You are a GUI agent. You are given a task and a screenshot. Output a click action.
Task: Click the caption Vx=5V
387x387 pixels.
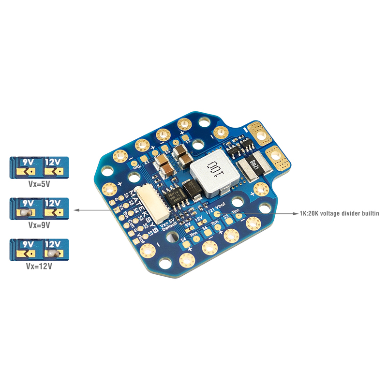(x=39, y=184)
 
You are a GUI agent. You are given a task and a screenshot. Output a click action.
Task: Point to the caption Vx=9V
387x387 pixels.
(x=39, y=225)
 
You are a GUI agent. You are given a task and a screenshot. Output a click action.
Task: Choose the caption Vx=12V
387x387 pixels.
(x=39, y=266)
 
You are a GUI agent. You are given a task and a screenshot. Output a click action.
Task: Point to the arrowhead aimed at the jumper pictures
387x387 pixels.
(x=76, y=210)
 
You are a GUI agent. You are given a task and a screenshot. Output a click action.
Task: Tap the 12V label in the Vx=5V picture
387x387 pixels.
(x=52, y=162)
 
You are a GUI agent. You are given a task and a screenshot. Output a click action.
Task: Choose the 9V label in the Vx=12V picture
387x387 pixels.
(x=27, y=244)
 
